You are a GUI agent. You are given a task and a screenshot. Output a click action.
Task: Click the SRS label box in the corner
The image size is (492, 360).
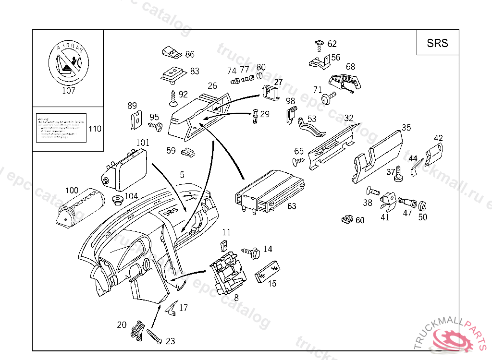pos(437,43)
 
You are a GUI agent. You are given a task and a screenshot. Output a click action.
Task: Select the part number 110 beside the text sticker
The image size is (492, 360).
pos(95,129)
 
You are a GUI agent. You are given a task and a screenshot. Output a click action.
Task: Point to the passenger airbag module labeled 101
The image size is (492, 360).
pos(127,168)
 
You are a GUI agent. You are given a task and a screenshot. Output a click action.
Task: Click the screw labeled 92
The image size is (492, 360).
pos(172,99)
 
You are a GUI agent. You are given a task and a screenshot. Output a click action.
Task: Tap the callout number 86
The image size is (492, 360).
pos(190,54)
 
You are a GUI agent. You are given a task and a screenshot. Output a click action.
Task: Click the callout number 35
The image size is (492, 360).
pos(406,128)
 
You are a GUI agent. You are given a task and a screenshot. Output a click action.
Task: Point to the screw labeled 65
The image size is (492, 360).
pos(299,161)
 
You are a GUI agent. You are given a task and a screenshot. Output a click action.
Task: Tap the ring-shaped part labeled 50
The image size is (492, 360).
pos(423,206)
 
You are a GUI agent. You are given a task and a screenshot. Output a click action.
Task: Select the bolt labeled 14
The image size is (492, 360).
pos(252,251)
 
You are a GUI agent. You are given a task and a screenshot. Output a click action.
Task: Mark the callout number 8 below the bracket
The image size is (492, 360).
pos(236,298)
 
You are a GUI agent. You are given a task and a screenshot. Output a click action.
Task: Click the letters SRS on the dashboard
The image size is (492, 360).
pos(170,211)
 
